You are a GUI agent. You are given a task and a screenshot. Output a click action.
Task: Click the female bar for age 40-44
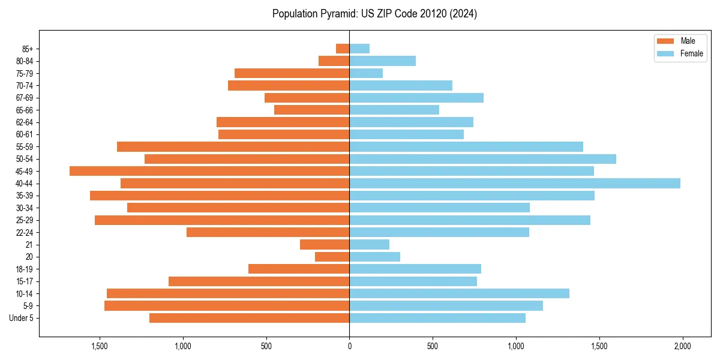pos(515,183)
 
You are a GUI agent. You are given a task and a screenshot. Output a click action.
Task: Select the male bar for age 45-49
pos(209,171)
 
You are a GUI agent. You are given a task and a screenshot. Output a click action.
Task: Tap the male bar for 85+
pos(343,49)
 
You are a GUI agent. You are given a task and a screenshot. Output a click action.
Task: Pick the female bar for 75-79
pos(366,73)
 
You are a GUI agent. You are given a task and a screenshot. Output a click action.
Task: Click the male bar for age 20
pos(332,257)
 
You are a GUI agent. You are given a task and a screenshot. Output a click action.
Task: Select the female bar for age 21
pos(370,244)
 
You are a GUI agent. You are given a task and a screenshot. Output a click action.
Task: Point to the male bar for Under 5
pos(250,318)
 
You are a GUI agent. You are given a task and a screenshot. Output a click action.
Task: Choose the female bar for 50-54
pos(482,159)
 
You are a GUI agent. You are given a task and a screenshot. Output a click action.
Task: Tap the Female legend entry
pos(682,53)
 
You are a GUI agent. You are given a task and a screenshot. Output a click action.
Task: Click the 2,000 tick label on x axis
pos(682,346)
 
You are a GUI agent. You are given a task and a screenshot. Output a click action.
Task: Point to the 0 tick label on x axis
pos(349,346)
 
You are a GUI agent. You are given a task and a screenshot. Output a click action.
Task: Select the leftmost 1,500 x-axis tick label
pos(100,346)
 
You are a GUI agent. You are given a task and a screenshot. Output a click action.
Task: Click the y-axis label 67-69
pos(25,98)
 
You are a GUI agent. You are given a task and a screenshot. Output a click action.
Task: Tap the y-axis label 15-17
pos(25,281)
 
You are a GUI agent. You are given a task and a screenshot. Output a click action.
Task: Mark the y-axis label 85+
pos(27,49)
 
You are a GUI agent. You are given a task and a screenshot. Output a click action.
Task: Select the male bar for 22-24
pos(268,232)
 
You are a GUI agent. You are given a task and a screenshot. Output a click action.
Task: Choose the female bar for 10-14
pos(459,293)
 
